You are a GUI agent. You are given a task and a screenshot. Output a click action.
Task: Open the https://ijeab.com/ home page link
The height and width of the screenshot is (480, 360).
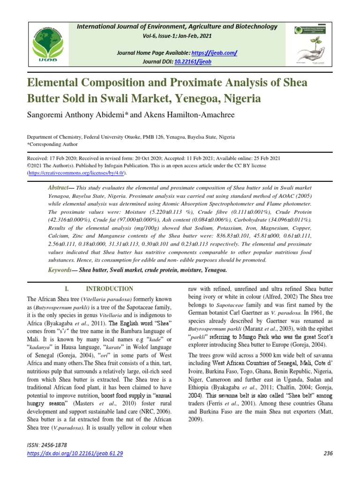tap(213, 53)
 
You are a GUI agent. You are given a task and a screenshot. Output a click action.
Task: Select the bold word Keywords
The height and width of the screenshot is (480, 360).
tap(60, 270)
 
